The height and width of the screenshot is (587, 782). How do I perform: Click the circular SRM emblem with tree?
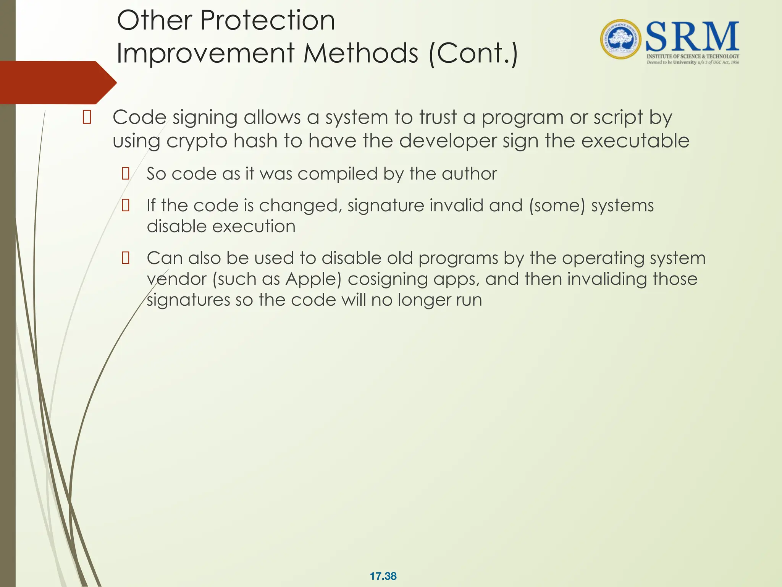coord(621,39)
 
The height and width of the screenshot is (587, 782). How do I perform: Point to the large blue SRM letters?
coord(692,37)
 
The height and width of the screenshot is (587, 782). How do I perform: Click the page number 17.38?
coord(383,576)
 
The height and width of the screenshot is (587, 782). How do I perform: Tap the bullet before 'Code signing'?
coord(87,117)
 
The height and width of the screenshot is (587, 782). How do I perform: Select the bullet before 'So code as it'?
coord(125,174)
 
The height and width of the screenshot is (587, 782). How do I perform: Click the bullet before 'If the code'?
coord(125,206)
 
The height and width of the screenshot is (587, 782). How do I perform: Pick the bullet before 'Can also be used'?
coord(125,258)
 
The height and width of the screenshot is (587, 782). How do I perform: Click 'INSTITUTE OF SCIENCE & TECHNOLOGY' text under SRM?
coord(693,56)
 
